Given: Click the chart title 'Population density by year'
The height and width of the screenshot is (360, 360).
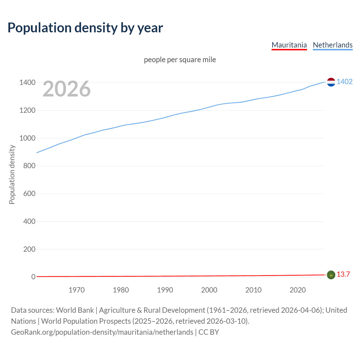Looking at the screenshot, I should [85, 28].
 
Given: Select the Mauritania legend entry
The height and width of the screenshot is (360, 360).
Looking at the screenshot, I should [289, 45].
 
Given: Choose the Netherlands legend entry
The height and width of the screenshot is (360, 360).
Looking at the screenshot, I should [332, 45].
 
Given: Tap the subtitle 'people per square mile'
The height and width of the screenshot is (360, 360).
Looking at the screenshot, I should [180, 60].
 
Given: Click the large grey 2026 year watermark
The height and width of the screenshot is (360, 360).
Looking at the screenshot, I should [67, 89].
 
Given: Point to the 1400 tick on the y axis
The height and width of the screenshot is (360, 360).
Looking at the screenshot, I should [27, 83].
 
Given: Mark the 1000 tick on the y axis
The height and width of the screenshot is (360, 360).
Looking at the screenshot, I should [27, 138].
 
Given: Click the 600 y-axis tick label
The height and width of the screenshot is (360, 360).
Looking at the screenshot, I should [29, 193].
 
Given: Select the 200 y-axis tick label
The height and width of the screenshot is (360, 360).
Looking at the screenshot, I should [29, 249].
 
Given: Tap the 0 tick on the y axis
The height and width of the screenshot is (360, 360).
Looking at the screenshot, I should [33, 277].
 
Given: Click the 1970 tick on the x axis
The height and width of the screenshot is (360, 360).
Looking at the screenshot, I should [76, 290].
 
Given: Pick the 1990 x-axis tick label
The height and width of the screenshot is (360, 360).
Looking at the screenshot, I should [165, 290].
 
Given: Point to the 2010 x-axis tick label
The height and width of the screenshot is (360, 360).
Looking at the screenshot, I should [253, 290].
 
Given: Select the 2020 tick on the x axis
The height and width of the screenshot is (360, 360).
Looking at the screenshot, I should [298, 290].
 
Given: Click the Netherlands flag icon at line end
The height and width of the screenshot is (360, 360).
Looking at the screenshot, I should [331, 82].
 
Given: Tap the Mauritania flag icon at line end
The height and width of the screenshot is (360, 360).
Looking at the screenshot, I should [331, 275].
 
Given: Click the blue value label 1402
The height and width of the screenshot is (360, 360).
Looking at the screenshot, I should [345, 82].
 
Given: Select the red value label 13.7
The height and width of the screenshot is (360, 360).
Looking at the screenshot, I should [343, 274].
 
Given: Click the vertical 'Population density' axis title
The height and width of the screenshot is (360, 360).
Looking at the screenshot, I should [12, 174].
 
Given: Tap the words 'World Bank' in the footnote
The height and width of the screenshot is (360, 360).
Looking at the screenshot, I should [75, 310].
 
